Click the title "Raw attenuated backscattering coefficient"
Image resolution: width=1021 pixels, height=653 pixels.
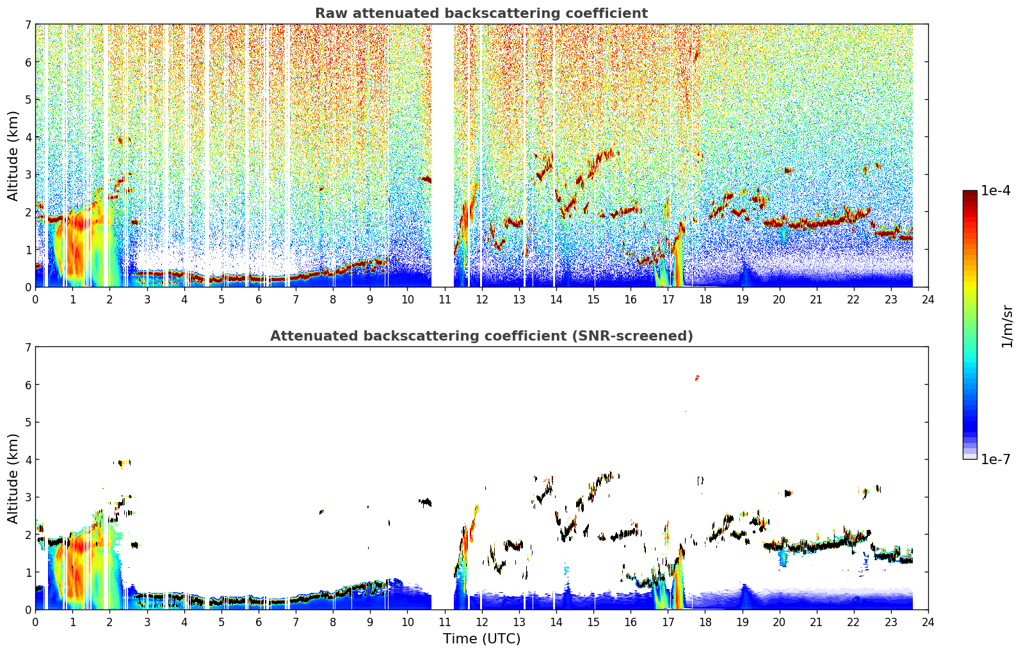coord(481,13)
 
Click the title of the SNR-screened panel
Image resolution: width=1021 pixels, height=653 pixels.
coord(481,335)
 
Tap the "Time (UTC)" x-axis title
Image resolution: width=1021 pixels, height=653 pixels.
coord(481,638)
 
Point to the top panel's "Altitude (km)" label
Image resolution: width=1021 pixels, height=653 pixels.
coord(13,156)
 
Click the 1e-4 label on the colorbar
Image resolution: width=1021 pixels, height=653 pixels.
coord(995,191)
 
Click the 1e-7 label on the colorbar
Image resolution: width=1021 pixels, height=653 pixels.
coord(995,459)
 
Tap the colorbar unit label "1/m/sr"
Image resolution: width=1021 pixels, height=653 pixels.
coord(1008,327)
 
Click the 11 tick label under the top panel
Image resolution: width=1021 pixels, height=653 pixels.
coord(444,300)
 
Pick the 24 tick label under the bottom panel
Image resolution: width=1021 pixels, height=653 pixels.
coord(928,622)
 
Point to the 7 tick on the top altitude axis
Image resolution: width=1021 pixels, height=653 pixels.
coord(28,24)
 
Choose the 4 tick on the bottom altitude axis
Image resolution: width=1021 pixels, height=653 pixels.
coord(28,460)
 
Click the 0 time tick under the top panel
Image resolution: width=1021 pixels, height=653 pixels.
coord(36,300)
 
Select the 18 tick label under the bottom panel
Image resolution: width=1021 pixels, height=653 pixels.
coord(705,622)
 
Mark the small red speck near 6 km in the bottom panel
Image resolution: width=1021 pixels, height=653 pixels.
coord(697,378)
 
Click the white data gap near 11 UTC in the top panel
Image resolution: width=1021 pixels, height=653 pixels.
coord(442,156)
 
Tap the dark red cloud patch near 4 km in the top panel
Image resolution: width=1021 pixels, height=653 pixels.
coord(120,140)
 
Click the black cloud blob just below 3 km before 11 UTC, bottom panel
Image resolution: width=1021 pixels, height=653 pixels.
coord(425,503)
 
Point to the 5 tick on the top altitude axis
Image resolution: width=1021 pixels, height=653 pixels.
coord(28,99)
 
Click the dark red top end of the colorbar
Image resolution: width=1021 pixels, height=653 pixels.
coord(970,193)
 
